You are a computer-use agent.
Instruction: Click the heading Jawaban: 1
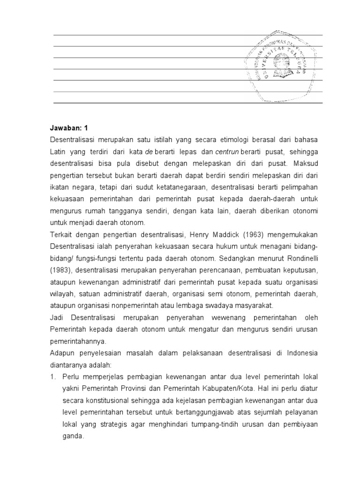click(x=68, y=127)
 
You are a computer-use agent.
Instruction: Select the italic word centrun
click(x=227, y=151)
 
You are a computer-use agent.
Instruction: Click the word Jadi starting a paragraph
click(x=57, y=317)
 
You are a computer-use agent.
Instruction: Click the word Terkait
click(x=61, y=234)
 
